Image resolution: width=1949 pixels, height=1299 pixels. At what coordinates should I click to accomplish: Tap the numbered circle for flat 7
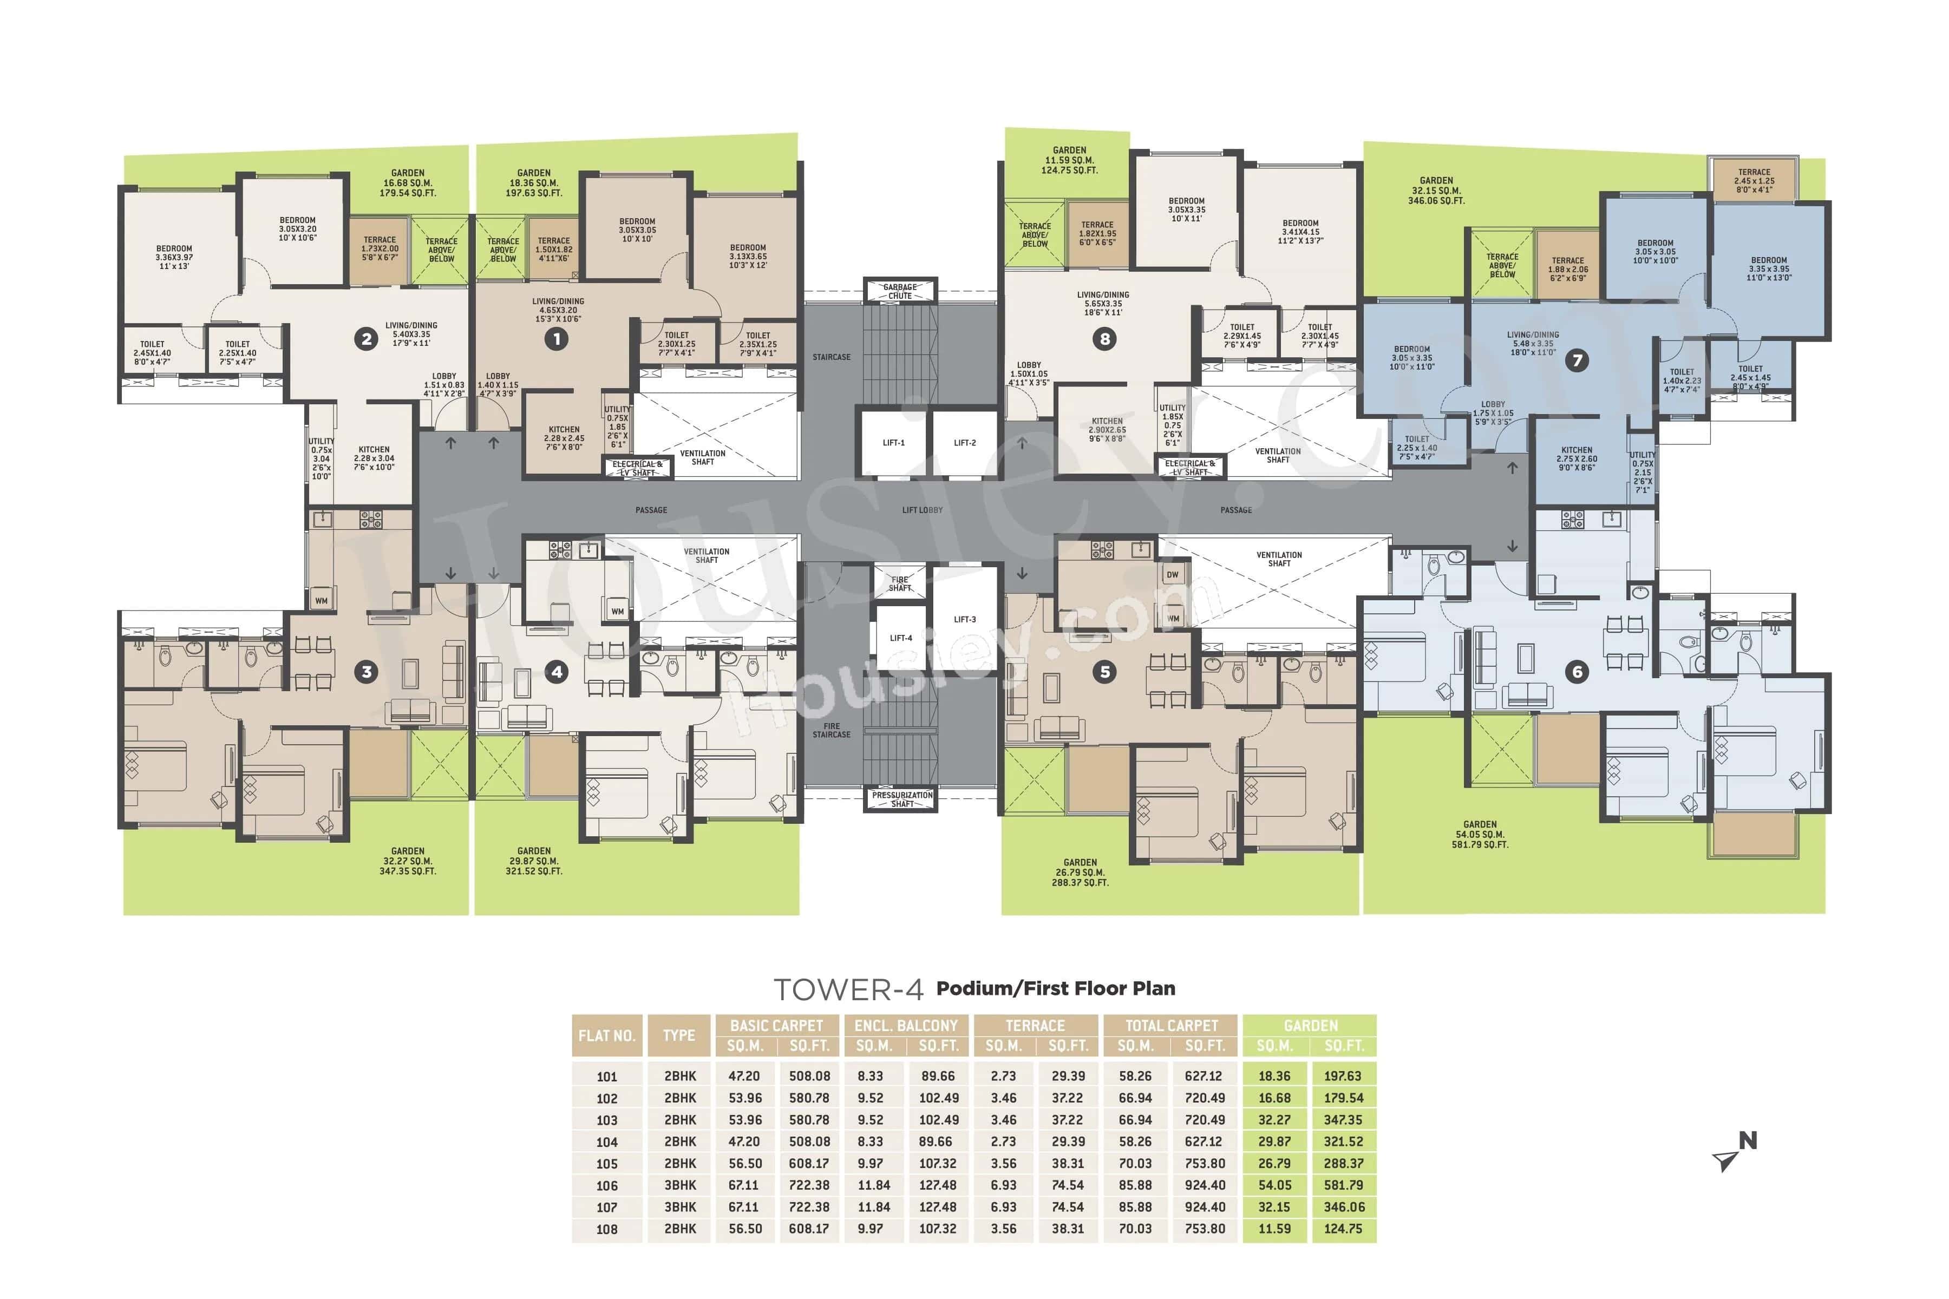(1577, 360)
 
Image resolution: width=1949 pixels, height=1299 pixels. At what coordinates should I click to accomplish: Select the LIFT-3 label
(965, 620)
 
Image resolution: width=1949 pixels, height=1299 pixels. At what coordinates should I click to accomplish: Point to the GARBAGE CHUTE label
(900, 292)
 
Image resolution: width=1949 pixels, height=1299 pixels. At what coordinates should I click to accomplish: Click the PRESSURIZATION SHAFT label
(902, 799)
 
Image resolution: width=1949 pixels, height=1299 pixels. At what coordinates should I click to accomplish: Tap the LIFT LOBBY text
(923, 510)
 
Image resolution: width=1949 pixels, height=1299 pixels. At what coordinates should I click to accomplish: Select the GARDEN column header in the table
(1310, 1026)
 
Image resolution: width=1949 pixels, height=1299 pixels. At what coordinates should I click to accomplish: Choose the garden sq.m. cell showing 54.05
(1274, 1185)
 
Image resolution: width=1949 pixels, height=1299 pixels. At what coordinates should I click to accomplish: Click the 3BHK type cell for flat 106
(679, 1185)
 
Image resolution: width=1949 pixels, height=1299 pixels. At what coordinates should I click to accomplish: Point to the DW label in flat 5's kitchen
(1173, 575)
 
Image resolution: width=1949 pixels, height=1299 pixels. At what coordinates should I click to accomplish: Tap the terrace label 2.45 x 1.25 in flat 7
(1754, 181)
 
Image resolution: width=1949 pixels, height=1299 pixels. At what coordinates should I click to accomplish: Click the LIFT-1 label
(893, 443)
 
